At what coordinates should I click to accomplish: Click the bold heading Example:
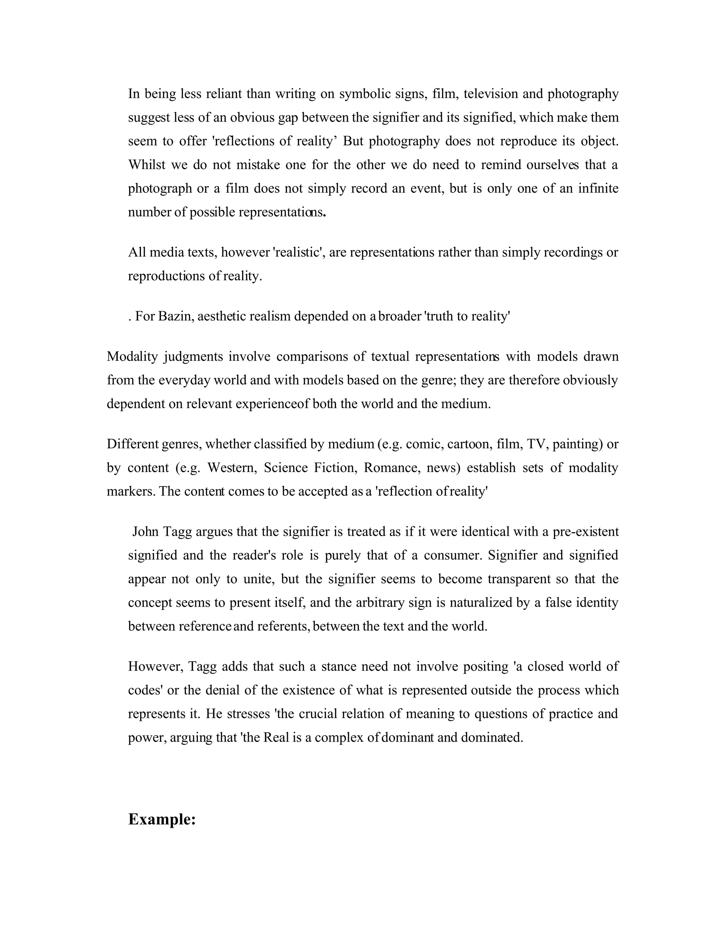162,820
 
